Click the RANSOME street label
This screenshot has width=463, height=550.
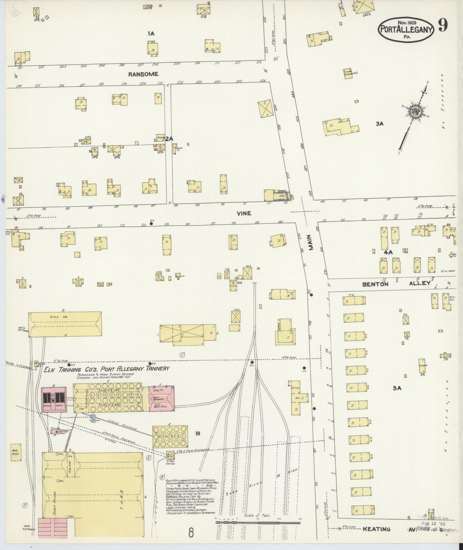tap(143, 74)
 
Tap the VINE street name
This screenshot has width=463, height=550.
tap(244, 213)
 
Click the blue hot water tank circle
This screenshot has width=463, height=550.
tap(93, 417)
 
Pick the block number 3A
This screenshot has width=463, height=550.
tap(379, 124)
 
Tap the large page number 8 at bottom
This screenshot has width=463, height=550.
tap(191, 532)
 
